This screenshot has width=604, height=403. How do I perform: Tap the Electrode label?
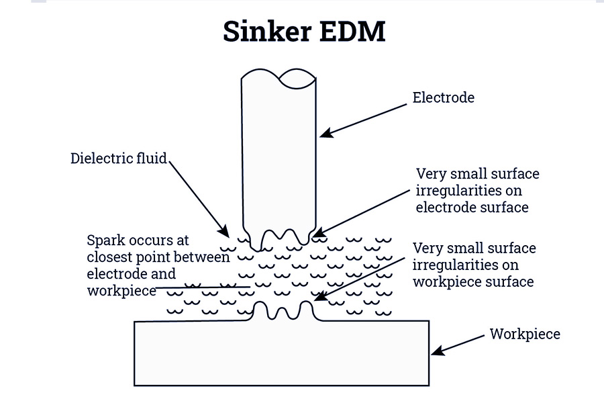(x=443, y=97)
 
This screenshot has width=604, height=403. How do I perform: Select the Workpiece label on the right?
(x=524, y=334)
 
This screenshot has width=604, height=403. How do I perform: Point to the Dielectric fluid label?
(x=119, y=159)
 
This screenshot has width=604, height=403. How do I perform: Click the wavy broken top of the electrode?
(x=279, y=78)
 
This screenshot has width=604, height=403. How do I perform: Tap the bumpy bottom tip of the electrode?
(x=279, y=237)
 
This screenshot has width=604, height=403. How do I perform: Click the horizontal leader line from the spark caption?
(x=201, y=288)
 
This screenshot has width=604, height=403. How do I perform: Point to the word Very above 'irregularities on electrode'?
(x=431, y=174)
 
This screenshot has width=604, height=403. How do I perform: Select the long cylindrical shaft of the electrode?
(x=279, y=154)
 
